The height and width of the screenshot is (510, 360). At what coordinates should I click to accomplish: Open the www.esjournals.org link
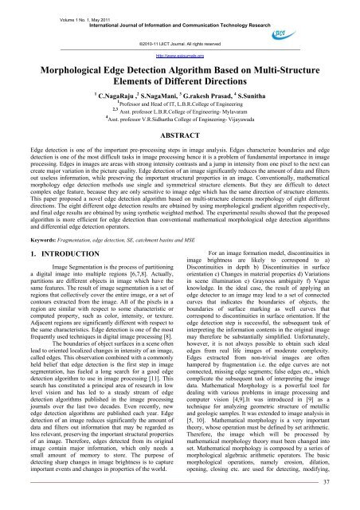click(x=180, y=56)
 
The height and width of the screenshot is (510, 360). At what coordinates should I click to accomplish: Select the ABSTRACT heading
click(x=180, y=136)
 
